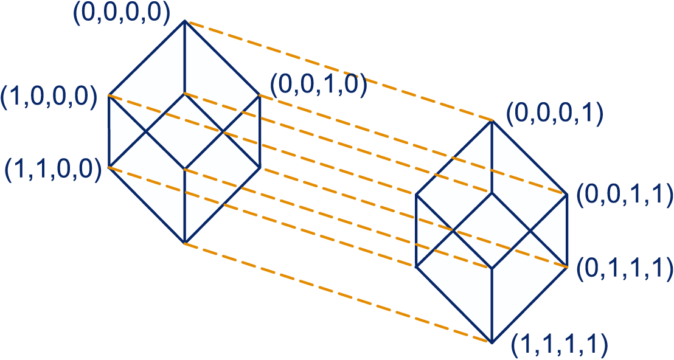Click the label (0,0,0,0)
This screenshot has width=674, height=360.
[121, 16]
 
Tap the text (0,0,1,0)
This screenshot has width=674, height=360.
[318, 85]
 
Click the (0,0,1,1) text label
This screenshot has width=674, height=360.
[624, 194]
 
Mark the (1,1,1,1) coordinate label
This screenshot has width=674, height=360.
[559, 344]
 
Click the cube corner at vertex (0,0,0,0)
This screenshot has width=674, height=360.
[184, 21]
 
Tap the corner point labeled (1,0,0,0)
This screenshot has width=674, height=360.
[108, 95]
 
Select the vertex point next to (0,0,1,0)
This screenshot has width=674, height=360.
[260, 95]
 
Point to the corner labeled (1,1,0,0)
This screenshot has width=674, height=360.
[108, 167]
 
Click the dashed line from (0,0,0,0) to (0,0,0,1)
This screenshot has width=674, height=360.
[338, 71]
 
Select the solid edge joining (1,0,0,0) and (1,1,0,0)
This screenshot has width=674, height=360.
[108, 131]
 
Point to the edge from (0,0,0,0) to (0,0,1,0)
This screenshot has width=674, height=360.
[222, 58]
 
